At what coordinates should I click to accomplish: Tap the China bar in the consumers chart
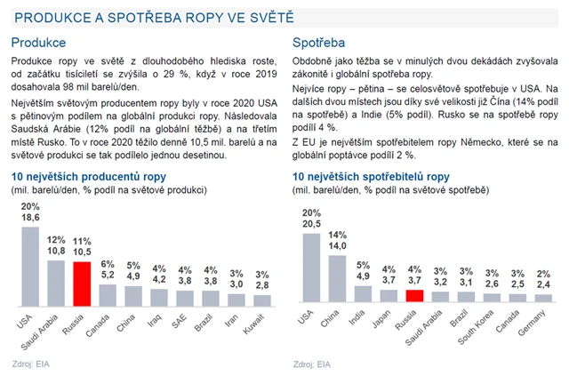337,278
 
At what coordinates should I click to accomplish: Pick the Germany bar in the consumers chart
542,299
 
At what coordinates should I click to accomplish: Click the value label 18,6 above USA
29,217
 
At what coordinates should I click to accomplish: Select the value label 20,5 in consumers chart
311,225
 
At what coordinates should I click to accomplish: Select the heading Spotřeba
319,42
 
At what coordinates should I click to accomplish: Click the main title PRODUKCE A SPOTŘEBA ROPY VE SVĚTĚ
155,17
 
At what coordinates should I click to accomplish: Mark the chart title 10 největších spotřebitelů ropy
371,177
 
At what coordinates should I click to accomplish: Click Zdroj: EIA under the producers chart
31,363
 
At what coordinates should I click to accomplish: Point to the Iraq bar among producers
158,296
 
